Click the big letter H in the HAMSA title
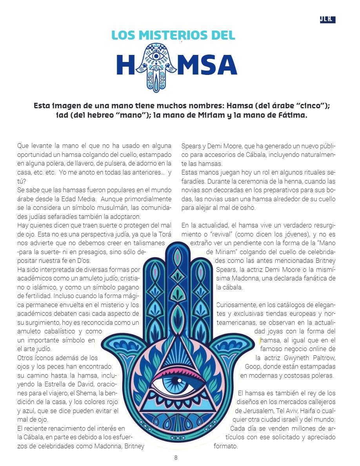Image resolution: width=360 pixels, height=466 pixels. click(x=125, y=65)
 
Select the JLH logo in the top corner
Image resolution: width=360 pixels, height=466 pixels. click(x=327, y=19)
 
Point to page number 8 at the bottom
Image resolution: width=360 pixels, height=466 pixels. click(x=176, y=457)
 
